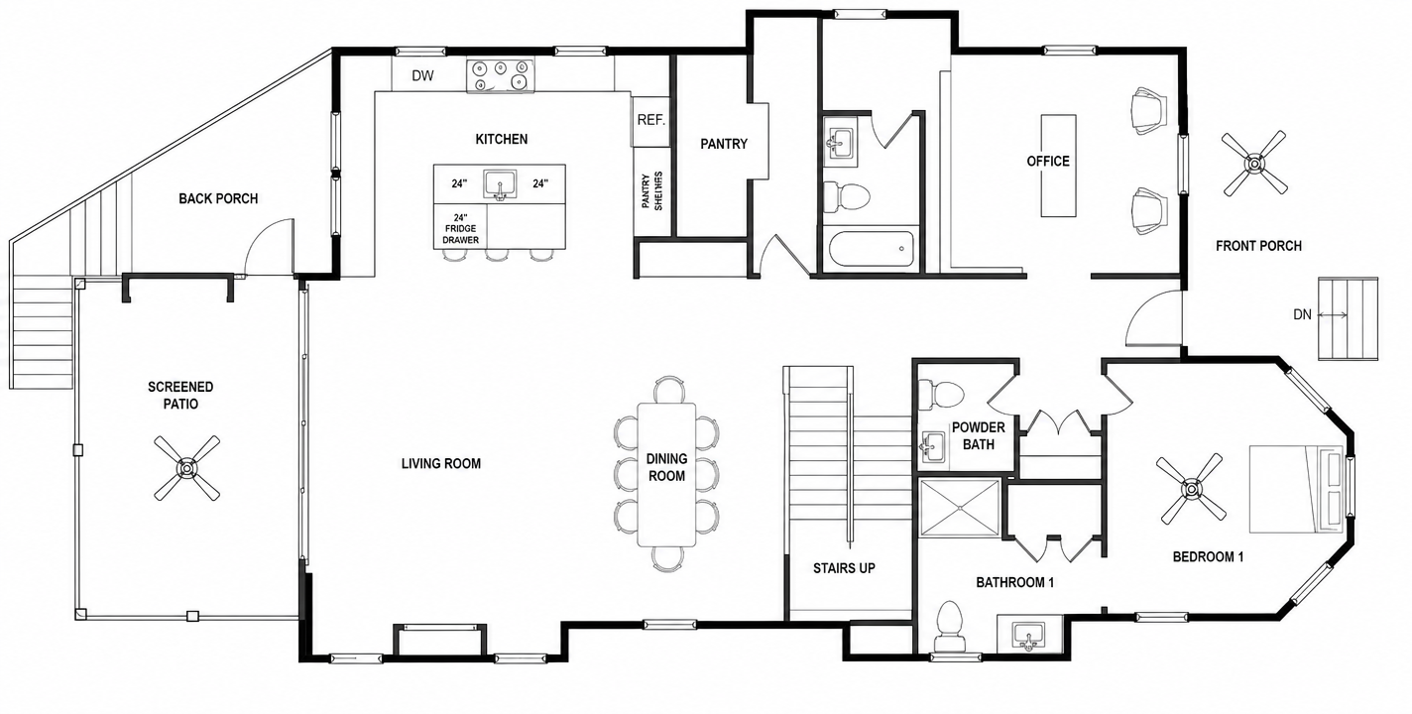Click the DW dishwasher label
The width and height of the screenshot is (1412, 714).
tap(422, 75)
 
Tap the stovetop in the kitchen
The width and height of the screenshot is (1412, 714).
tap(501, 75)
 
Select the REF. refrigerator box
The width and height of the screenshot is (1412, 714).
tap(650, 121)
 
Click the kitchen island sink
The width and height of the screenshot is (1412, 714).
tap(501, 184)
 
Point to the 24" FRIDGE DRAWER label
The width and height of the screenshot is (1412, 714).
tap(460, 229)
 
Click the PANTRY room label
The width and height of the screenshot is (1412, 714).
tap(724, 145)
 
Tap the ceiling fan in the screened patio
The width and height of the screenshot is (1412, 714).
tap(187, 468)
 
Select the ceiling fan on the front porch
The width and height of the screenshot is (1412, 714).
tap(1254, 164)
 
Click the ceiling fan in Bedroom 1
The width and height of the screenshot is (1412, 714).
tap(1191, 488)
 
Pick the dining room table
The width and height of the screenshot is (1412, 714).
tap(666, 474)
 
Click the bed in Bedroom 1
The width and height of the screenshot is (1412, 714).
tap(1299, 489)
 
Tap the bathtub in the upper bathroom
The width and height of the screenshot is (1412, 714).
tap(870, 250)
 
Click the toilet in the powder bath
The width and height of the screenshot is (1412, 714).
tap(941, 395)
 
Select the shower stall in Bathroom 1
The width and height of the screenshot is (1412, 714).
tap(959, 508)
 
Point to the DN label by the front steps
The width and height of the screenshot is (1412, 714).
tap(1302, 314)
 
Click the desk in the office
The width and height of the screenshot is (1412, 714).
tap(1058, 166)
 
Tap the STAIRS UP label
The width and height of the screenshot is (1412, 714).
tap(844, 568)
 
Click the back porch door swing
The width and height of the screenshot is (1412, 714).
tap(269, 246)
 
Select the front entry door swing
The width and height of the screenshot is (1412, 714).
tap(1153, 317)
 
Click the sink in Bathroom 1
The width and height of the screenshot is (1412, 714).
tap(1028, 634)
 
